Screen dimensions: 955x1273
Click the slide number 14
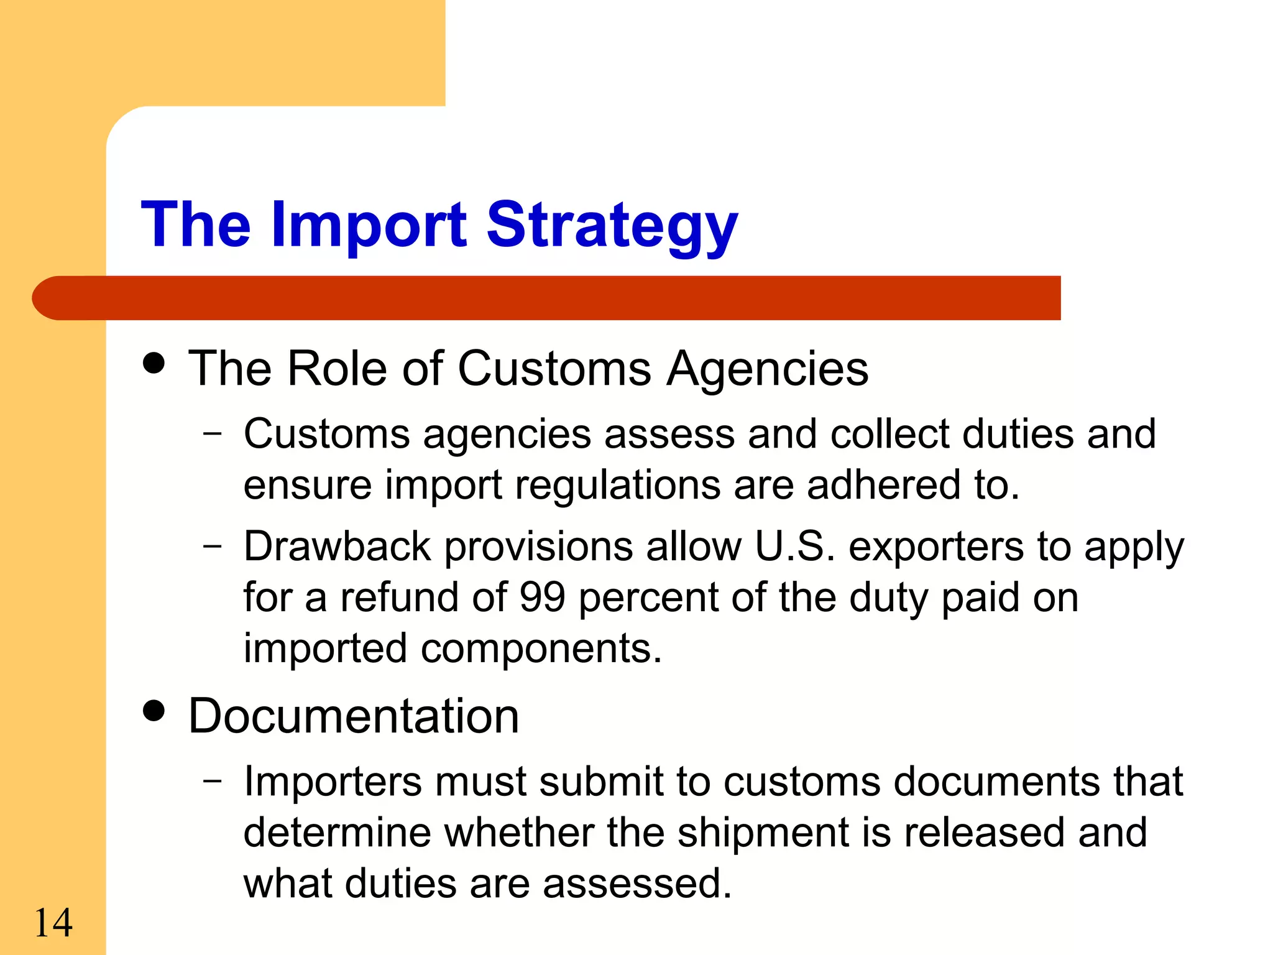tap(53, 923)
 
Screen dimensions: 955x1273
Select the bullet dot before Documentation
tap(154, 710)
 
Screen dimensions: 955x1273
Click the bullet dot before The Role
tap(154, 362)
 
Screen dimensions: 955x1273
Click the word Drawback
tap(337, 547)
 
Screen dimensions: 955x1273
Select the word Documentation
tap(353, 716)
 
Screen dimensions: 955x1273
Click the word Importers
tap(333, 781)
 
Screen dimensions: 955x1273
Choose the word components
tap(541, 648)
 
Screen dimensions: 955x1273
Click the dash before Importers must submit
tap(212, 781)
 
